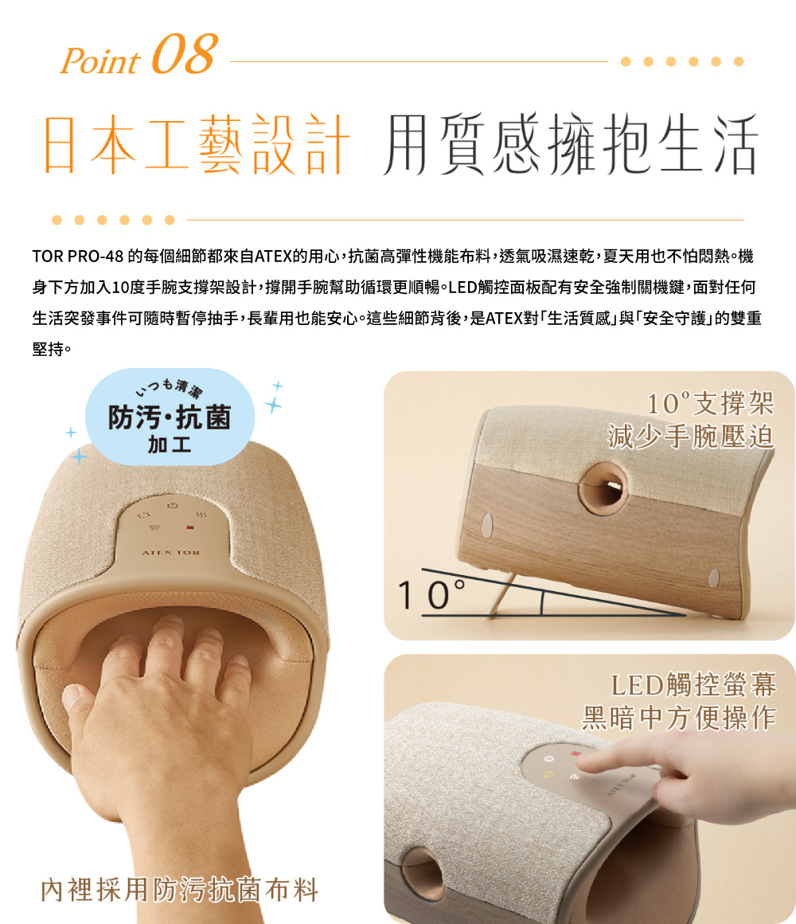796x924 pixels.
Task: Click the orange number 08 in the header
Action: (185, 53)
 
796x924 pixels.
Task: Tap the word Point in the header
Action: (100, 61)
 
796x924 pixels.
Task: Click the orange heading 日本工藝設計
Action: (197, 144)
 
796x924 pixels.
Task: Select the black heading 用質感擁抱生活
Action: (570, 144)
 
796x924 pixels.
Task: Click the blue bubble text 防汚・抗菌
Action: (170, 417)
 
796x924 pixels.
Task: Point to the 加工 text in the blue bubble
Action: (170, 444)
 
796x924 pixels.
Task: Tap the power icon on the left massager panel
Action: (172, 506)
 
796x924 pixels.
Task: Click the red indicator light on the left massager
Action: (190, 527)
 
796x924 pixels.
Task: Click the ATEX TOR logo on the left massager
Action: (170, 553)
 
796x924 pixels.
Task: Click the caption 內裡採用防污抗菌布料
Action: (180, 890)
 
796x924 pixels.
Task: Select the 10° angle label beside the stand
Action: (431, 594)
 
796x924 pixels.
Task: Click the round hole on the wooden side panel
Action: (603, 488)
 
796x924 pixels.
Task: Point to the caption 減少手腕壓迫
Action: (691, 437)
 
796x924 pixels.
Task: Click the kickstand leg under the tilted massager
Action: (501, 594)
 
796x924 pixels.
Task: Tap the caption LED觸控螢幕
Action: (693, 685)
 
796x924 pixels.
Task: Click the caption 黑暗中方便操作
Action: (679, 718)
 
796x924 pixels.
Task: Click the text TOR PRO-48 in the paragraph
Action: (78, 256)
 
